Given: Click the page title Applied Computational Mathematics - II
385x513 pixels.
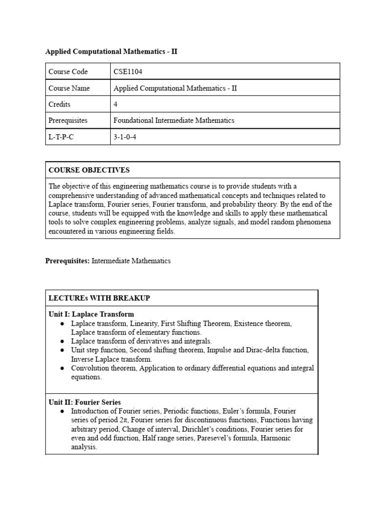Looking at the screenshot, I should pos(111,52).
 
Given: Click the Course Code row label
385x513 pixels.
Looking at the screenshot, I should pos(68,72).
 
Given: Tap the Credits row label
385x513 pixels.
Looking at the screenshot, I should pos(60,104).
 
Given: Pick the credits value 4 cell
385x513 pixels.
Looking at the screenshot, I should pos(116,104).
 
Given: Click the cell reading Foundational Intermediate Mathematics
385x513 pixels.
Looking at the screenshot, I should pos(174,120).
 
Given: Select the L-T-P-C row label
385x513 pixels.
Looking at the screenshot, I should pos(61,137).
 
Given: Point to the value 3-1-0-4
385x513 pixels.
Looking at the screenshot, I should pos(125,137).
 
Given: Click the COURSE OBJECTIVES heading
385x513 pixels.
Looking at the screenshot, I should pos(89,170).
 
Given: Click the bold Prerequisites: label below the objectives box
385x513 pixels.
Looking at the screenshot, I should pos(68,261).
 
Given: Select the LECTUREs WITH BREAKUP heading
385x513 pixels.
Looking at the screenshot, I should pos(99,298).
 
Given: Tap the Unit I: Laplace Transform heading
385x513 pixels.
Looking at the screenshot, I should pos(91,314).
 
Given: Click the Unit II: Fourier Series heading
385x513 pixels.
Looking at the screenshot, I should pos(85,402).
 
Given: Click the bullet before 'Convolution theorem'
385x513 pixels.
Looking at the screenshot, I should pos(62,368).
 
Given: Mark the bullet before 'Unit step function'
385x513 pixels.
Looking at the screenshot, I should pos(62,350).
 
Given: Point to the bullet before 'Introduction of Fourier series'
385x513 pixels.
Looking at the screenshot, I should pos(62,411).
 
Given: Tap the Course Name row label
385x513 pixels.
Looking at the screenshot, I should pos(69,88).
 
